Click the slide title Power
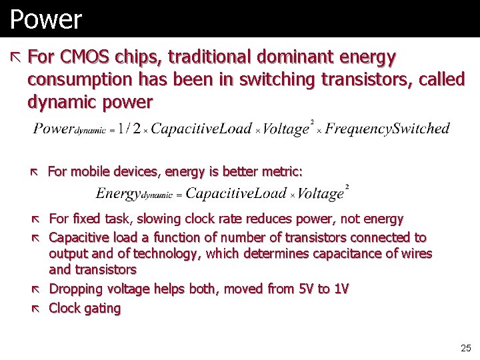pos(45,19)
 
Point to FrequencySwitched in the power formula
pos(387,129)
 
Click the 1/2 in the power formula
pos(129,129)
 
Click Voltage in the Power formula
pos(286,129)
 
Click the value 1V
pos(341,289)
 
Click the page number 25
pos(465,348)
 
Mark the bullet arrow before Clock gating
pos(37,308)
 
